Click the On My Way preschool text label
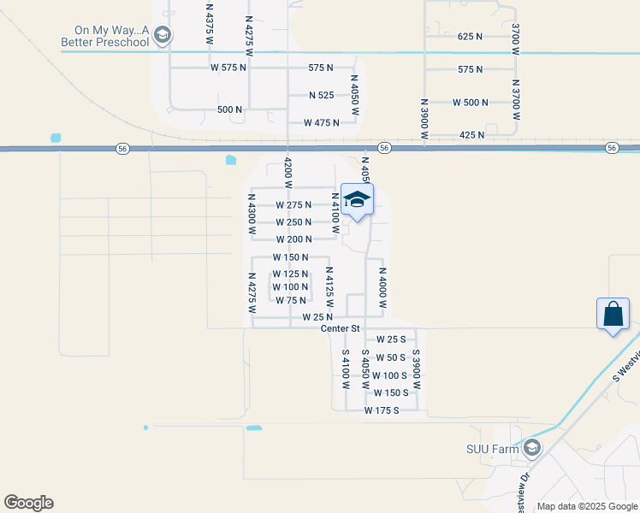click(x=104, y=35)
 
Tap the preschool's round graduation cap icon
click(x=163, y=35)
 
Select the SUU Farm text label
click(x=493, y=448)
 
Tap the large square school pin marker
click(x=356, y=201)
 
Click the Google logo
click(x=28, y=503)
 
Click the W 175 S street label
click(x=382, y=411)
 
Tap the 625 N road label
click(x=471, y=37)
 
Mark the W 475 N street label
click(x=321, y=123)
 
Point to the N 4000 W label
click(x=383, y=287)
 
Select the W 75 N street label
click(x=291, y=300)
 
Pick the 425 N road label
click(x=471, y=135)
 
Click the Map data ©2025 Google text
click(x=586, y=506)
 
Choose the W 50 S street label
click(x=391, y=357)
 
